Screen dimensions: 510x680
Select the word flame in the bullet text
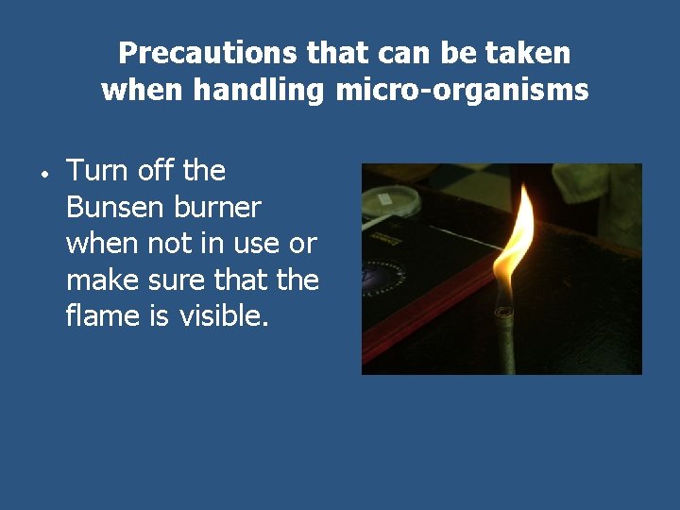[103, 314]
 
